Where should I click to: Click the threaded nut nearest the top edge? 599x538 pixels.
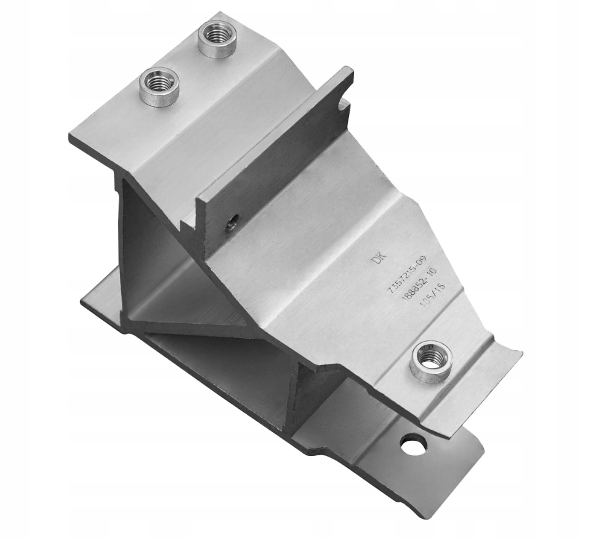[217, 39]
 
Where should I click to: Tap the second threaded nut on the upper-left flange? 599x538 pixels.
[159, 86]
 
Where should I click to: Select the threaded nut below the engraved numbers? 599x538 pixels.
[431, 361]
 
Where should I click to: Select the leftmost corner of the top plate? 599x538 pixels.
[70, 137]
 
